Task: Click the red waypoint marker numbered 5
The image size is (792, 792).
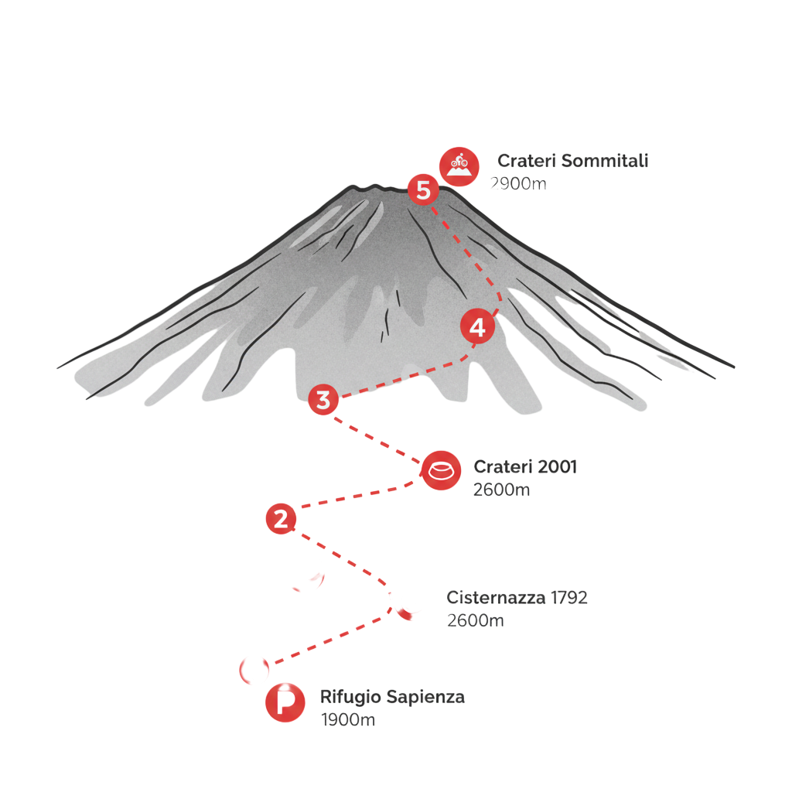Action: pyautogui.click(x=423, y=189)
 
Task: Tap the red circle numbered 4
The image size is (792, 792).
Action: pyautogui.click(x=478, y=328)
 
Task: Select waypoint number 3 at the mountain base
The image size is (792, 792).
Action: pyautogui.click(x=323, y=400)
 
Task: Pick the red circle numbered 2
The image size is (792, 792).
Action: pyautogui.click(x=281, y=518)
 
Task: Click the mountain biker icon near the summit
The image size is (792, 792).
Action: pyautogui.click(x=459, y=165)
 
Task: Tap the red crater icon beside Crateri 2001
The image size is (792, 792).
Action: pyautogui.click(x=440, y=469)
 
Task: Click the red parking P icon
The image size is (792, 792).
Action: pyautogui.click(x=285, y=703)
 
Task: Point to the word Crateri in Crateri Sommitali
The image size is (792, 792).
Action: pyautogui.click(x=526, y=162)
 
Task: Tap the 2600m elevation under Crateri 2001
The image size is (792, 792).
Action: pyautogui.click(x=501, y=490)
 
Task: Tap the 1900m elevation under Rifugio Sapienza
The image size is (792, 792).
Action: pyautogui.click(x=348, y=720)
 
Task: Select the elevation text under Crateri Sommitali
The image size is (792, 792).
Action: pyautogui.click(x=518, y=184)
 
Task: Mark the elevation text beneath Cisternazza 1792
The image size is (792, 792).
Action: pyautogui.click(x=476, y=621)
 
